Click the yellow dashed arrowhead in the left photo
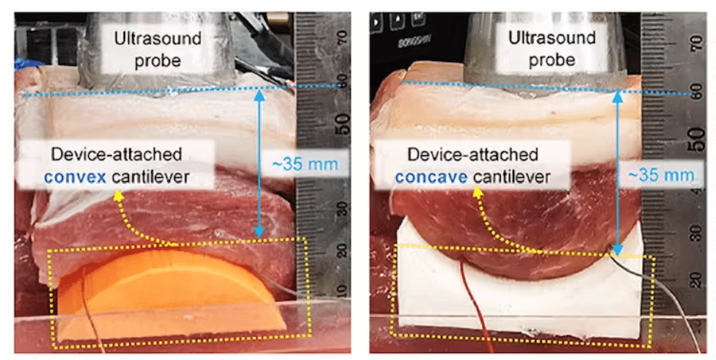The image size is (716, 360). [117, 197]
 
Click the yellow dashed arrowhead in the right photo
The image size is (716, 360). [477, 193]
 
